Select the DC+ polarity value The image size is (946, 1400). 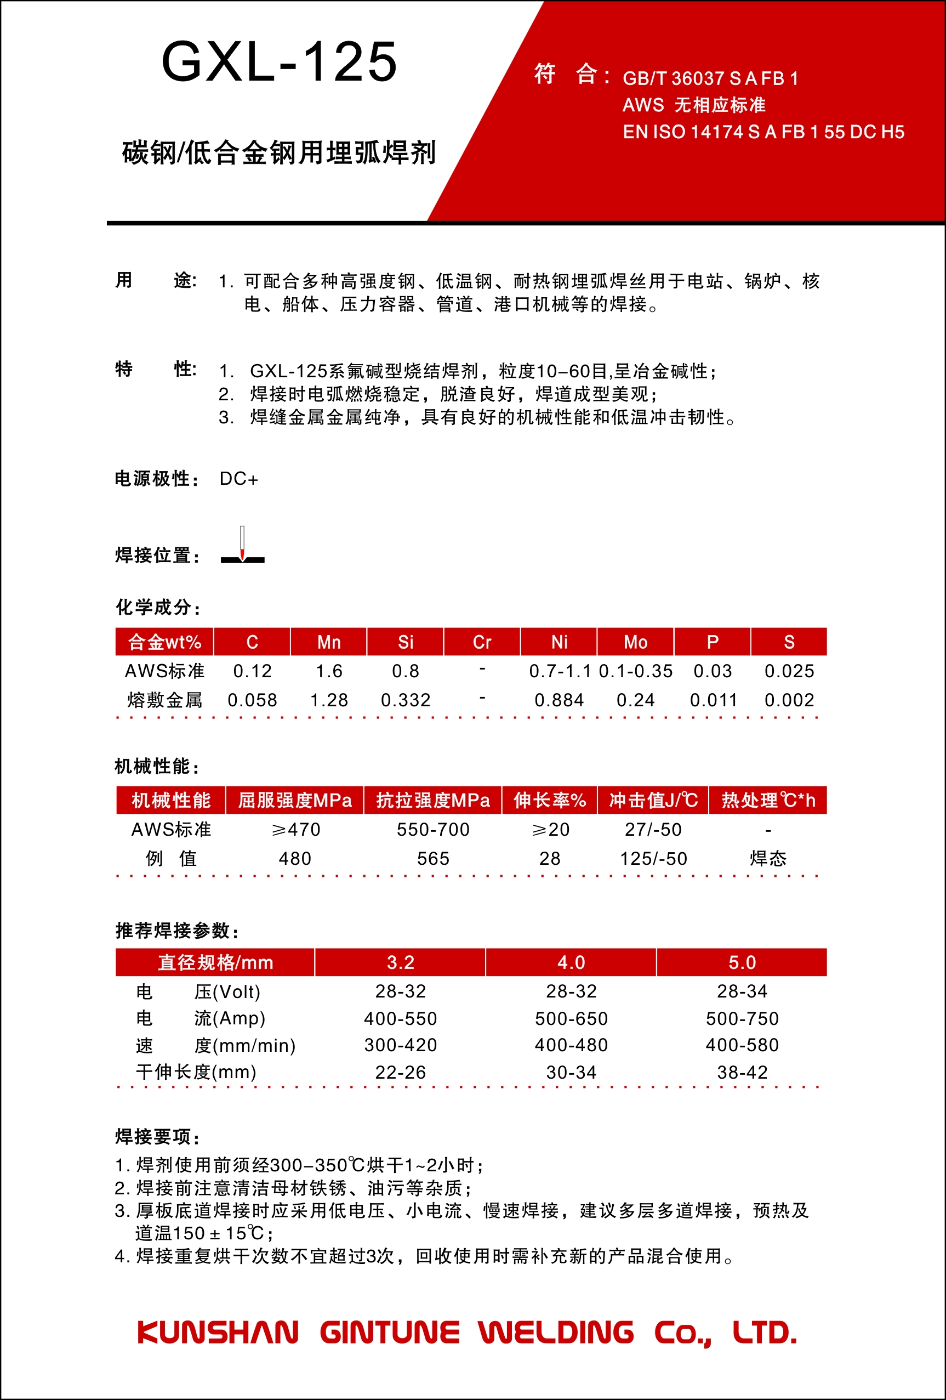tap(238, 479)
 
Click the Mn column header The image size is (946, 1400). tap(329, 642)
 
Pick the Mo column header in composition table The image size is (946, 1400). tap(635, 642)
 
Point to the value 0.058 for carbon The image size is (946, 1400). tap(252, 700)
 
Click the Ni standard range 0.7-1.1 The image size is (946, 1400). tap(560, 671)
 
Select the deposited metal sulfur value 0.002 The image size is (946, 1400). tap(789, 700)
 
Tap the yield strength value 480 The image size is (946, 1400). tap(295, 858)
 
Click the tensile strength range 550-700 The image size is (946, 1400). tap(433, 830)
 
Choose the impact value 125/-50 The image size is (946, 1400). tap(653, 858)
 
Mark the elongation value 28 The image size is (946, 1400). tap(550, 858)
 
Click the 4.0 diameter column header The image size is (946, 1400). tap(571, 962)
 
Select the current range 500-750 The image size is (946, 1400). tap(742, 1019)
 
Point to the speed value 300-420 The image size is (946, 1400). tap(401, 1045)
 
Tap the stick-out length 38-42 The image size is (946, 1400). tap(742, 1072)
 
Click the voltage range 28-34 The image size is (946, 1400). tap(742, 991)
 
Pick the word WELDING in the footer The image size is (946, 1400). tap(556, 1333)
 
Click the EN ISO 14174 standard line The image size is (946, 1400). tap(763, 132)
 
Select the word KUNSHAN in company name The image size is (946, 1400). tap(218, 1333)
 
